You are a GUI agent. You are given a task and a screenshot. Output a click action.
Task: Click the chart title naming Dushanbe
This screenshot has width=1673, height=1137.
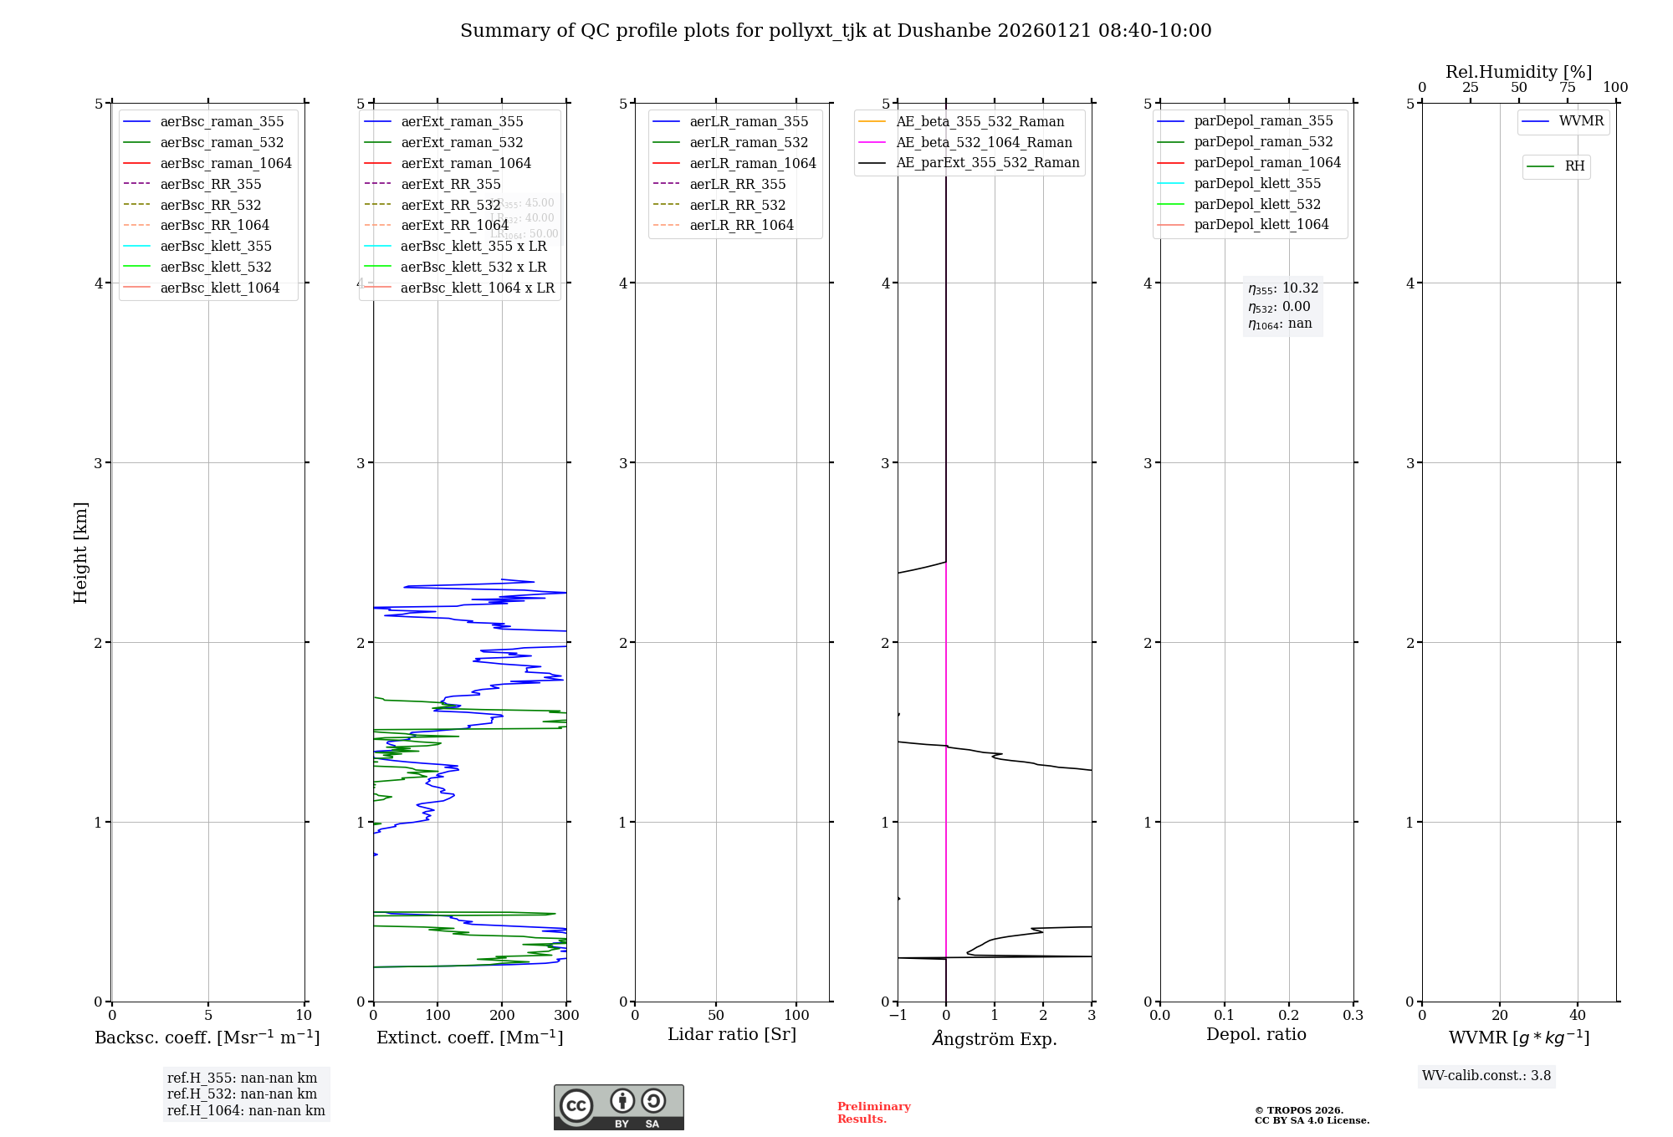click(x=836, y=31)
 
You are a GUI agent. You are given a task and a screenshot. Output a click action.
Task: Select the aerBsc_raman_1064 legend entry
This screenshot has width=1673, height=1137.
click(x=226, y=163)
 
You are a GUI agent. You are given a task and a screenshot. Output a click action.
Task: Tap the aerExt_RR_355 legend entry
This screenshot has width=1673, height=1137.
click(x=450, y=184)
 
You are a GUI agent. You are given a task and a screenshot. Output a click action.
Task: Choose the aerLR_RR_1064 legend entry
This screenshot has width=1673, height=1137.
click(x=741, y=225)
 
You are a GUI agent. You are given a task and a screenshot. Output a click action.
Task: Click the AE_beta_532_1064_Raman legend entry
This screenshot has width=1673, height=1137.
click(x=984, y=142)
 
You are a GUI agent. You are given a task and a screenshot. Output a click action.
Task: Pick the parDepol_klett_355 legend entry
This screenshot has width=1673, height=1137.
click(x=1257, y=183)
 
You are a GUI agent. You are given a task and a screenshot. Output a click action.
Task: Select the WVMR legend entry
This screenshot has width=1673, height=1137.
click(x=1581, y=121)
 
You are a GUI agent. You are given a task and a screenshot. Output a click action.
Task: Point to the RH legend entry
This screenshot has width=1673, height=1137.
click(x=1574, y=166)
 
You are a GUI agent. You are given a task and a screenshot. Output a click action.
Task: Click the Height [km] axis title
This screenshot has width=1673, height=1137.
click(x=80, y=552)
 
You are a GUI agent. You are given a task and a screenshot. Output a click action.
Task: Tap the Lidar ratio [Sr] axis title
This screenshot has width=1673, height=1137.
click(x=732, y=1034)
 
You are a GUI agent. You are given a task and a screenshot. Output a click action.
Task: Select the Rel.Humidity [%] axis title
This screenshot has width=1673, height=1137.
click(x=1518, y=72)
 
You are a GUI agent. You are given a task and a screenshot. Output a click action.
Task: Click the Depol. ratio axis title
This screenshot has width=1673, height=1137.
click(x=1256, y=1034)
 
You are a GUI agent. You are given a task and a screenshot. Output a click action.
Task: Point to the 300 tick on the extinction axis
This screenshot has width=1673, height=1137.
click(x=566, y=1016)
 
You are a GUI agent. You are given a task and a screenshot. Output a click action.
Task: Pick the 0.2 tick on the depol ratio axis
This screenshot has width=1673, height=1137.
click(x=1289, y=1016)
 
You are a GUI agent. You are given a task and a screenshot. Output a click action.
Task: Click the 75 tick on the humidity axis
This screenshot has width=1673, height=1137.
click(x=1567, y=88)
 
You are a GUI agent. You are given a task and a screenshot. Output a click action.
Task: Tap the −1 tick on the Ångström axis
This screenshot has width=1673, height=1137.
click(x=898, y=1016)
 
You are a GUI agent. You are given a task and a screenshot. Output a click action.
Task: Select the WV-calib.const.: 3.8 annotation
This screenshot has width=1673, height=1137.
click(x=1486, y=1076)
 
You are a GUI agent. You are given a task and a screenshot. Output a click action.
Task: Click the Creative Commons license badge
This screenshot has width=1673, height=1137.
click(x=618, y=1107)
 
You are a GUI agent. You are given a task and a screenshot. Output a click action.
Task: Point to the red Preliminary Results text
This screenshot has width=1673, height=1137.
click(x=873, y=1113)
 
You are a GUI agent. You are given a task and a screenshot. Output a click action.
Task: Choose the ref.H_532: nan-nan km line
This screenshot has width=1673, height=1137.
click(x=242, y=1094)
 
